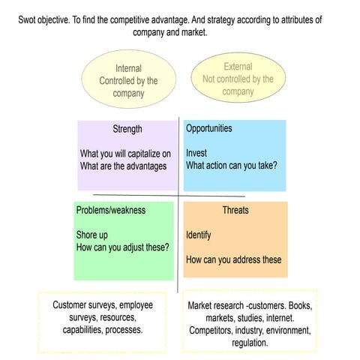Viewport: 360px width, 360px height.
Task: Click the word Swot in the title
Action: [x=26, y=19]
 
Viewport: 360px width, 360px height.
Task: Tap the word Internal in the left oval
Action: [x=128, y=68]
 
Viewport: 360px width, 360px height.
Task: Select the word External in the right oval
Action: [x=238, y=67]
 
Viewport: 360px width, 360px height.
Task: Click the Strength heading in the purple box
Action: [x=127, y=129]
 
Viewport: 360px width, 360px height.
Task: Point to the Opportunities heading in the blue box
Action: [x=209, y=128]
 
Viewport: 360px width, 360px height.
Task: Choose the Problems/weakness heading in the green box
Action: [x=111, y=210]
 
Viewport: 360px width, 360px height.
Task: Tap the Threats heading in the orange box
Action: [x=235, y=210]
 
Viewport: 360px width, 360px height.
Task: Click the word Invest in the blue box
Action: [x=196, y=153]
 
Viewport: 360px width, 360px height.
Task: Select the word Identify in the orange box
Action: [x=199, y=235]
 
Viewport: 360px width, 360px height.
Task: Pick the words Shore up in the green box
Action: [x=92, y=235]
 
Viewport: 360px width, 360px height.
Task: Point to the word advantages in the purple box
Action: [x=146, y=166]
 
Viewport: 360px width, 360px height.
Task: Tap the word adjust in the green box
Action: [x=132, y=247]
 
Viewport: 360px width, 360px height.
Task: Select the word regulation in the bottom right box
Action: [x=250, y=343]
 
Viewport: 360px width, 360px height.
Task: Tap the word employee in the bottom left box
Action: [x=136, y=305]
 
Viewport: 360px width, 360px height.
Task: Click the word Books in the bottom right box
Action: [x=300, y=306]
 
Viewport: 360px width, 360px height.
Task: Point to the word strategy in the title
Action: [x=221, y=20]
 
